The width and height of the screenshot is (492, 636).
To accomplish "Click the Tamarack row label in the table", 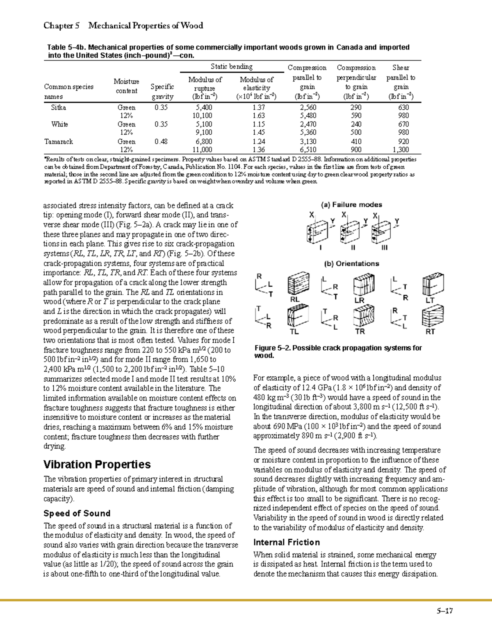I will click(58, 142).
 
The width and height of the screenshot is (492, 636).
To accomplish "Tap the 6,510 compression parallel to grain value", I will click(307, 150).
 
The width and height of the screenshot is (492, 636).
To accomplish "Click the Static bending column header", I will click(231, 66).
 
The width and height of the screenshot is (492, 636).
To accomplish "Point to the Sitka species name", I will click(58, 108).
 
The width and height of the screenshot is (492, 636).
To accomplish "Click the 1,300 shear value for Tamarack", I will click(401, 150).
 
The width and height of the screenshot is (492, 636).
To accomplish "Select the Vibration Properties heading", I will click(97, 464).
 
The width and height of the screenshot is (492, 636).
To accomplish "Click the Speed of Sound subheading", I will click(77, 514).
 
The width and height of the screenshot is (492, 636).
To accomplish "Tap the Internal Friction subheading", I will click(286, 543).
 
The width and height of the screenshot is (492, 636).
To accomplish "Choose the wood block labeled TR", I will click(363, 316).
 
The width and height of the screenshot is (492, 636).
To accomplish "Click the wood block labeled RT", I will click(432, 316).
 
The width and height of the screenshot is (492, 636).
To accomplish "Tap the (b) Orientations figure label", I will click(351, 264).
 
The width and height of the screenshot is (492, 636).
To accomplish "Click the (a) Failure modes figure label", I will click(351, 205).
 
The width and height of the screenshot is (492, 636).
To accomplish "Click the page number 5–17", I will click(444, 611).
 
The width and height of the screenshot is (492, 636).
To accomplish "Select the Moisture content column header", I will click(126, 86).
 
